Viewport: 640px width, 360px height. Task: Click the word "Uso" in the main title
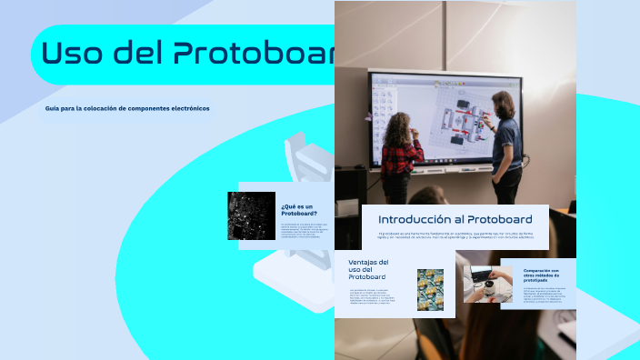[x=75, y=54]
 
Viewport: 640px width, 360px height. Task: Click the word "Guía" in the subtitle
[x=54, y=108]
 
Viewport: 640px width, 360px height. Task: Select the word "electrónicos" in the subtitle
[x=187, y=108]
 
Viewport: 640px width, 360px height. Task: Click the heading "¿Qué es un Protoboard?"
[x=297, y=209]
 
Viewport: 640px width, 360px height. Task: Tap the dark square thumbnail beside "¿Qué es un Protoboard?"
[x=251, y=215]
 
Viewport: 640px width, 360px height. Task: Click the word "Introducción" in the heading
[x=415, y=219]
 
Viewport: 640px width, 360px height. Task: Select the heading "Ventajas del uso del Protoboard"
[x=368, y=269]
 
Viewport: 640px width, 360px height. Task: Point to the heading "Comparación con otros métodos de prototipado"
[x=546, y=275]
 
